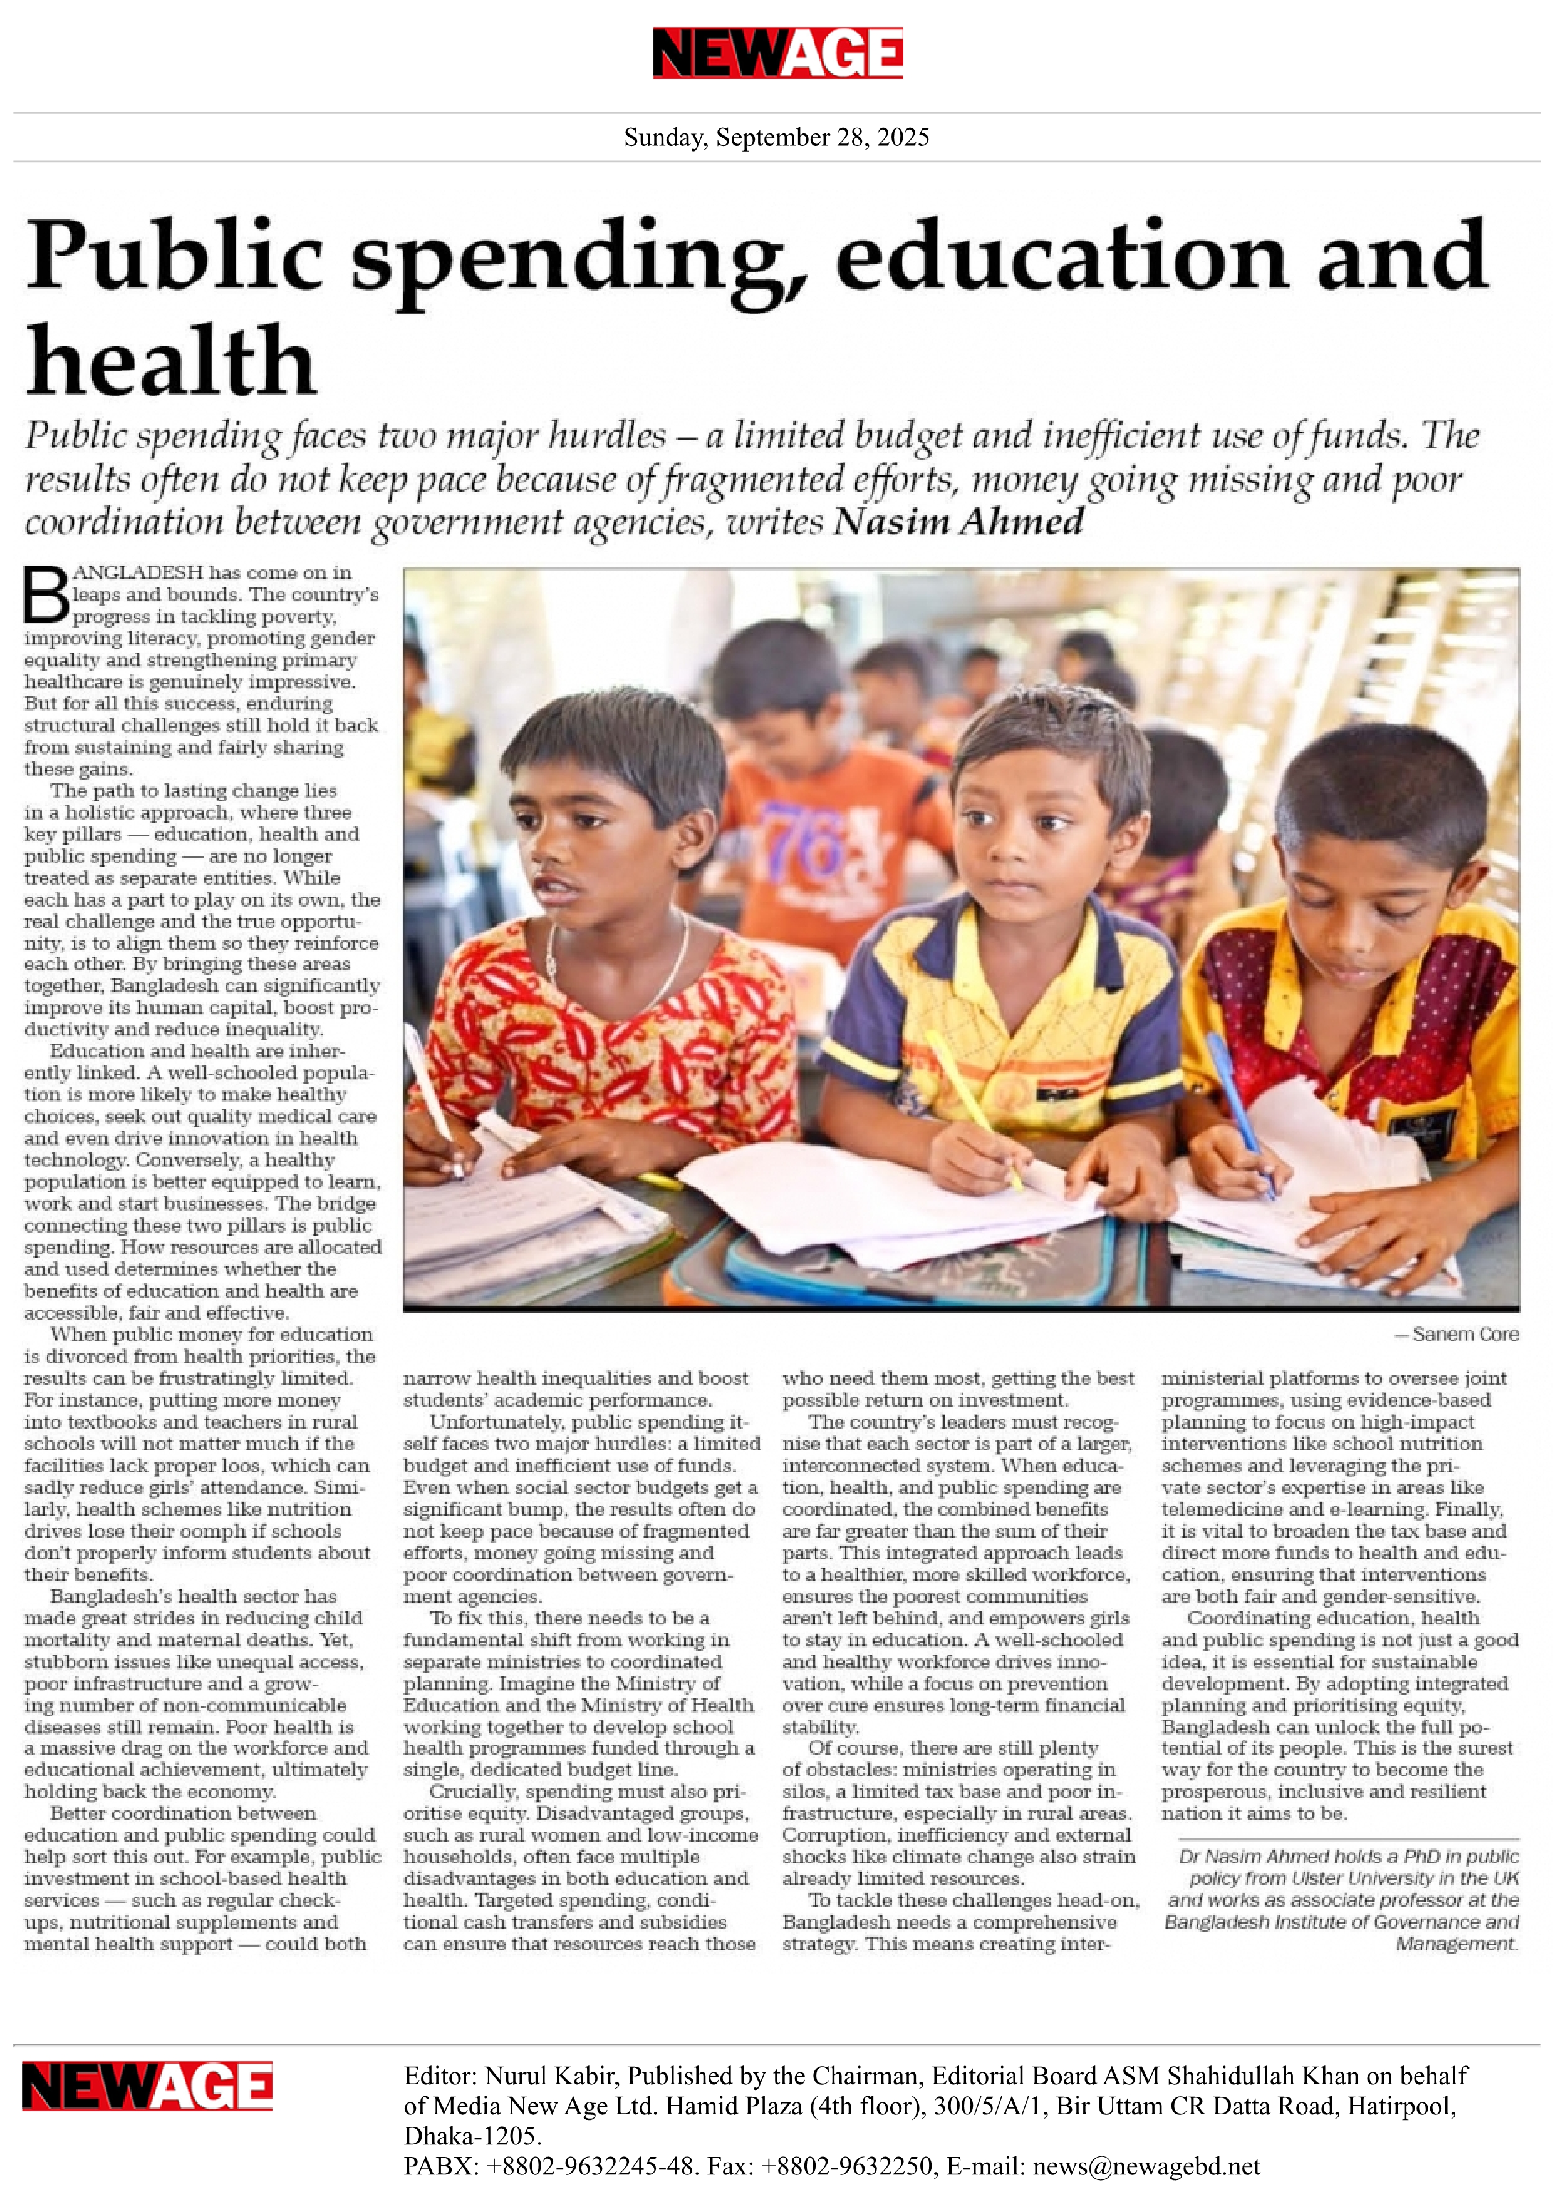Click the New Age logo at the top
[x=777, y=52]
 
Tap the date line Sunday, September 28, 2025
[x=776, y=138]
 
